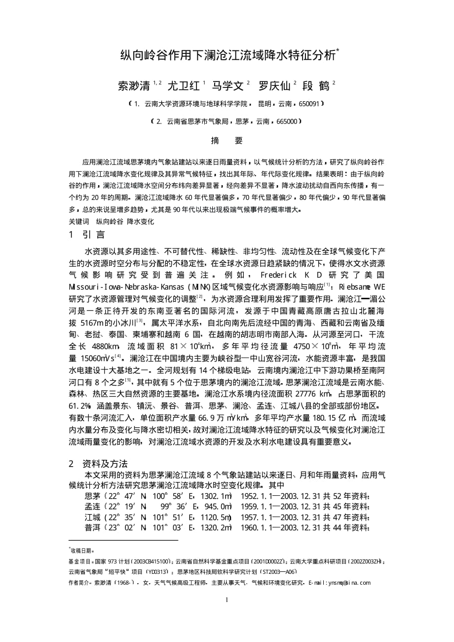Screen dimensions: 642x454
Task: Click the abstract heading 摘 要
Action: pyautogui.click(x=227, y=141)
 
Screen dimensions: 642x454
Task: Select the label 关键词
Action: pyautogui.click(x=79, y=222)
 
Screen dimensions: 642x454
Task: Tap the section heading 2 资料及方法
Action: pyautogui.click(x=98, y=464)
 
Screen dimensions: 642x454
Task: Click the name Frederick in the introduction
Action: pyautogui.click(x=280, y=274)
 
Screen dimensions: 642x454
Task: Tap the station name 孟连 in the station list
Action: pyautogui.click(x=93, y=507)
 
